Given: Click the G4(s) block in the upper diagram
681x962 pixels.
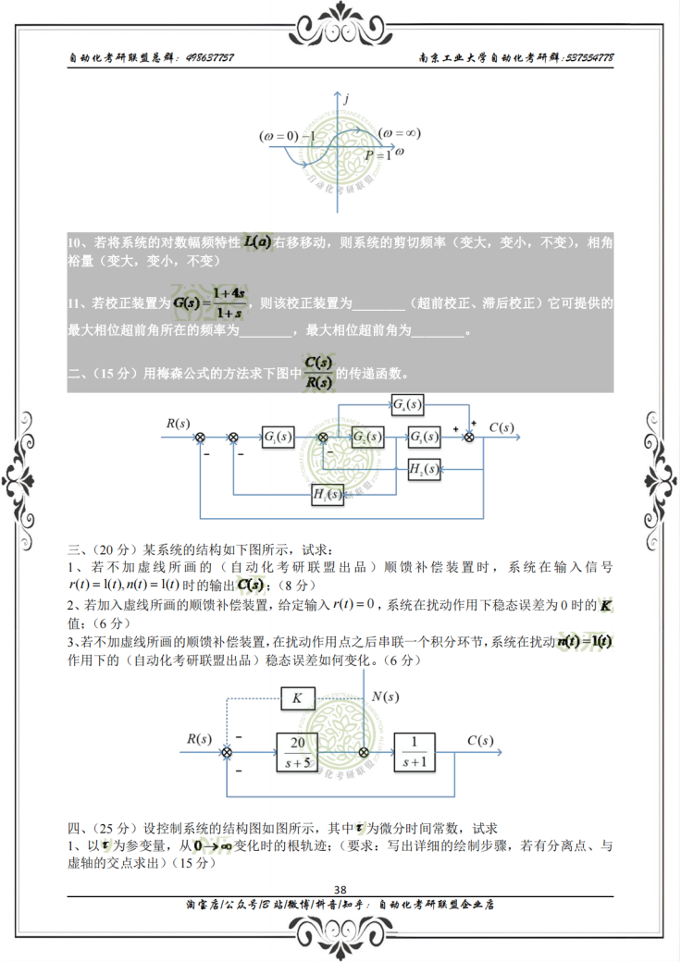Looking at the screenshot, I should click(x=406, y=404).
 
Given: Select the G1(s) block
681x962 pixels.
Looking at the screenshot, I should click(x=278, y=437).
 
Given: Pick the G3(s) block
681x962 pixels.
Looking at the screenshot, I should click(x=424, y=437).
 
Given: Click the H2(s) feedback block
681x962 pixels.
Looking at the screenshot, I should click(x=424, y=469).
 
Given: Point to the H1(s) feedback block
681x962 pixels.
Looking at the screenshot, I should click(x=328, y=496).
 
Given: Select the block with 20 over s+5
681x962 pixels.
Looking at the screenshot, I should click(x=298, y=751).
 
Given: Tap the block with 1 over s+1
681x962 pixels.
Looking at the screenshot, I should click(x=415, y=751).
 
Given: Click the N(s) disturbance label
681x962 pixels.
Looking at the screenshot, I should click(x=385, y=697).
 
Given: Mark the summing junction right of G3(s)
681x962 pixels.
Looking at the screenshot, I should click(x=468, y=438).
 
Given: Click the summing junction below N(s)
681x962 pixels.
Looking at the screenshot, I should click(x=364, y=752).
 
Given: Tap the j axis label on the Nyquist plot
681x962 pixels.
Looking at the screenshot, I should click(x=345, y=97).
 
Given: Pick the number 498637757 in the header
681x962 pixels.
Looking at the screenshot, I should click(x=209, y=57).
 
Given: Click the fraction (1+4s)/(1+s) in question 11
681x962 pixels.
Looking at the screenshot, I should click(x=228, y=302).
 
